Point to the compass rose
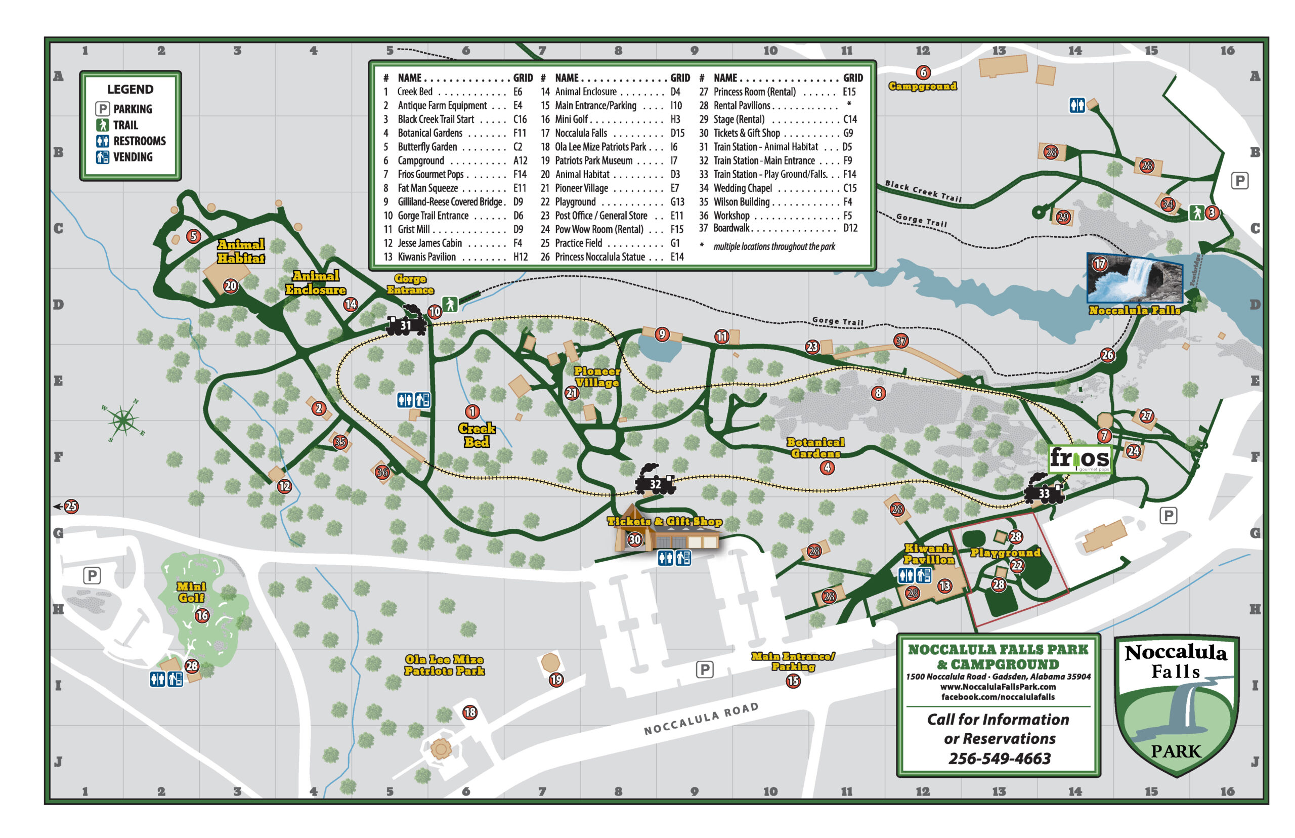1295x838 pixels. point(123,420)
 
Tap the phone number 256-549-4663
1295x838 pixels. point(999,758)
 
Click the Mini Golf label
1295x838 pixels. point(191,592)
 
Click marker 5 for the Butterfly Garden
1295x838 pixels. point(193,236)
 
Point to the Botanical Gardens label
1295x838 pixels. point(815,447)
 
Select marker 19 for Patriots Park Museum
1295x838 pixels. point(556,679)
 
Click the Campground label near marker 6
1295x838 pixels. point(922,86)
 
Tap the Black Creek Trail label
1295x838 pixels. point(923,191)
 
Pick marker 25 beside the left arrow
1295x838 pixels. point(71,506)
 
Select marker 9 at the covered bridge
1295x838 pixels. point(661,333)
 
